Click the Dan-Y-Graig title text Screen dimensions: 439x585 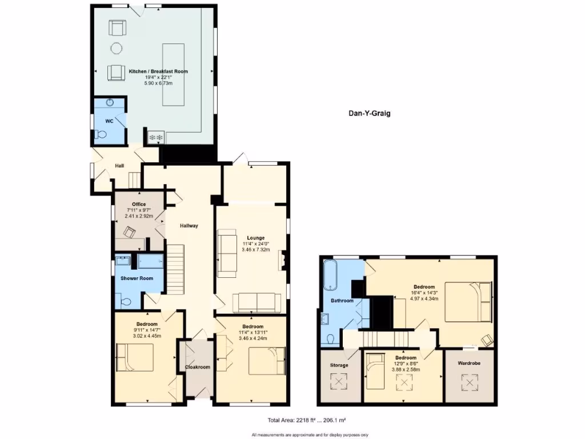(x=369, y=113)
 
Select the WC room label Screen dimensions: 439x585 (x=109, y=121)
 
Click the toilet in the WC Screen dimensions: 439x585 (x=102, y=135)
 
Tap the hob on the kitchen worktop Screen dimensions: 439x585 (x=156, y=137)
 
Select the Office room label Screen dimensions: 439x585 (x=139, y=204)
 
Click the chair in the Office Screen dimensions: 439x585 (x=130, y=232)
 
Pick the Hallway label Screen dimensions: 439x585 (x=189, y=226)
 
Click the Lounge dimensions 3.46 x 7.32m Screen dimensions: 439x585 (x=255, y=250)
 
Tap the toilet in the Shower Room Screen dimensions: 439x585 (x=125, y=301)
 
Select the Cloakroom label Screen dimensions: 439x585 (x=197, y=367)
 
